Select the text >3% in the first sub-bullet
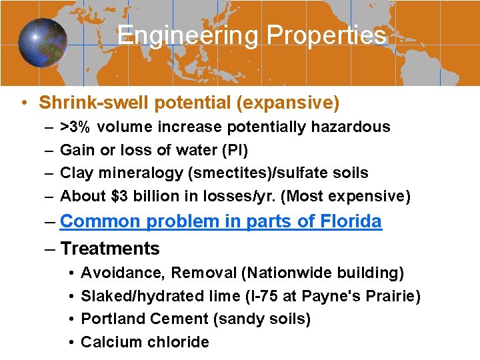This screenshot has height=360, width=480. (x=77, y=127)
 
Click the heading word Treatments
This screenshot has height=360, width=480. (x=110, y=249)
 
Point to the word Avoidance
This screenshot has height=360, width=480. (x=121, y=273)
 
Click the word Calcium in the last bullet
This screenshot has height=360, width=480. (x=107, y=342)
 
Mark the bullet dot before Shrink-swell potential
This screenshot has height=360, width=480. (x=23, y=103)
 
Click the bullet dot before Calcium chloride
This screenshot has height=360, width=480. (x=70, y=342)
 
